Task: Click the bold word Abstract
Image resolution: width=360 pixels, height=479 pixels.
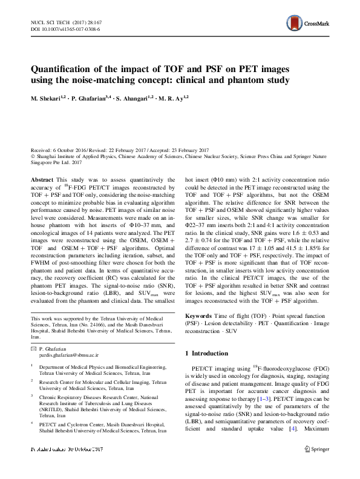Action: click(x=41, y=180)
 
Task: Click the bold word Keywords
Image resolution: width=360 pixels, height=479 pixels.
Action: click(x=199, y=315)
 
